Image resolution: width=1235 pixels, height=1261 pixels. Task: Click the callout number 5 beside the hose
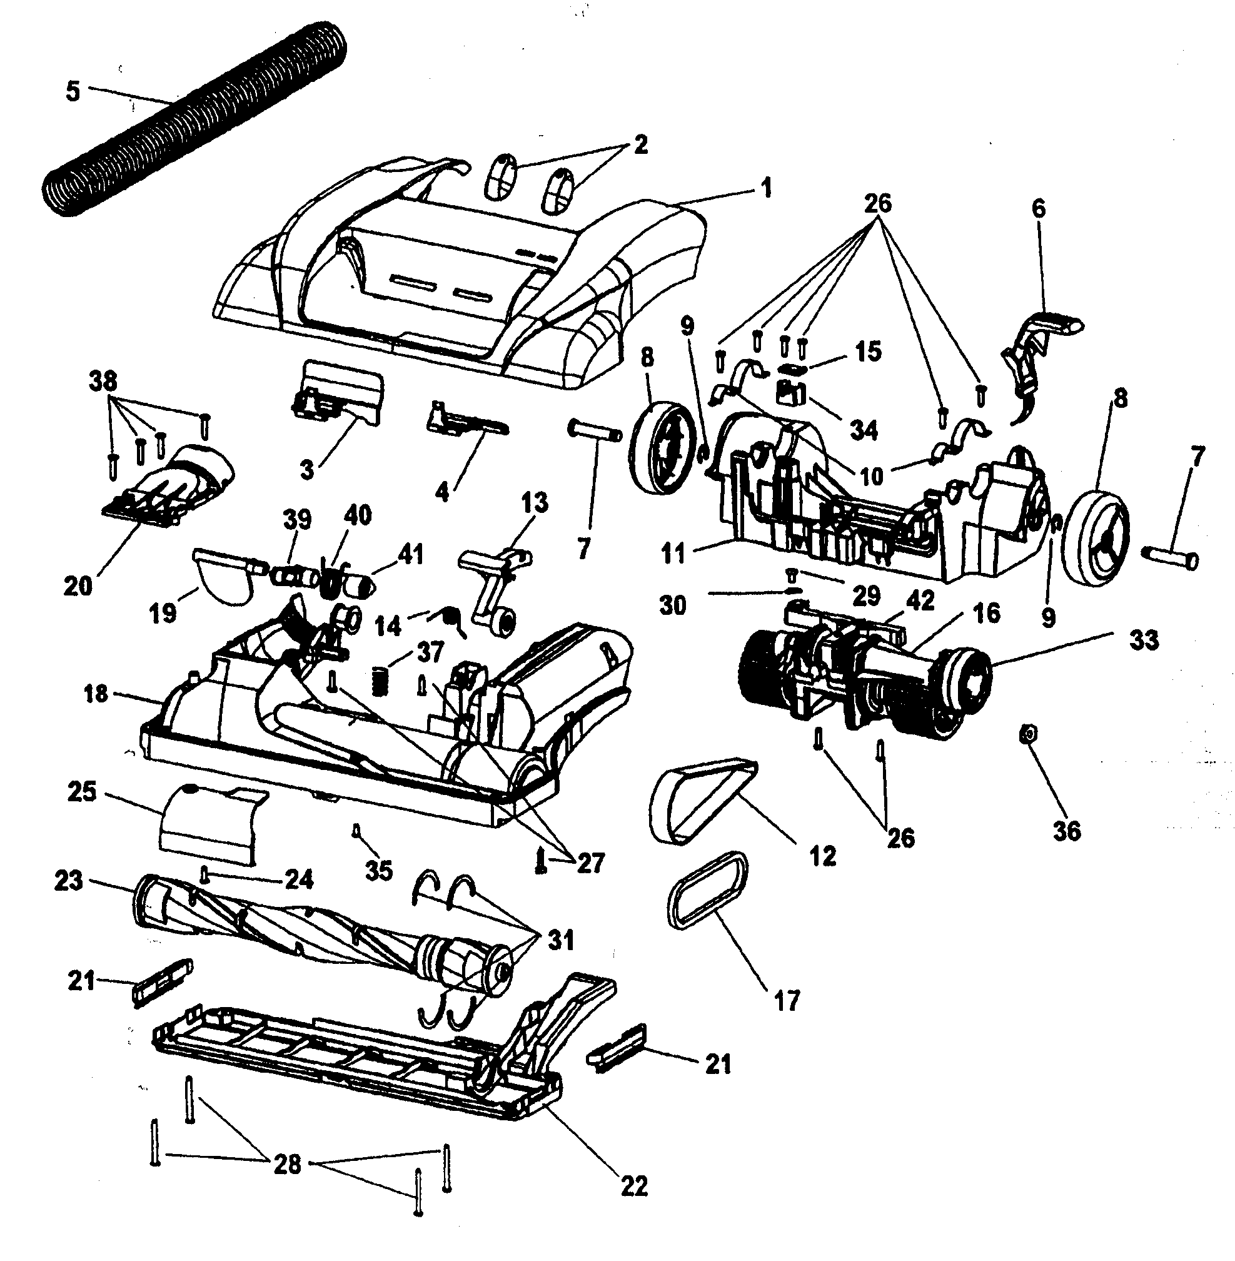point(73,91)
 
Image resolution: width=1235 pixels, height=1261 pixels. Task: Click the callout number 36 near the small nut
point(1067,830)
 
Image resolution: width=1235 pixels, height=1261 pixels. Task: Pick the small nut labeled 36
point(1027,734)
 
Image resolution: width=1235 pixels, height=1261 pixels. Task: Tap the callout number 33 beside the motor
point(1144,640)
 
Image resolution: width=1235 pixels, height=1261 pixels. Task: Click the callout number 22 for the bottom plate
point(634,1187)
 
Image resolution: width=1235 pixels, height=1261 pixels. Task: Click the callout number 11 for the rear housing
point(674,555)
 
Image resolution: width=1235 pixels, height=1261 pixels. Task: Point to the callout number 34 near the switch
point(864,430)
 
